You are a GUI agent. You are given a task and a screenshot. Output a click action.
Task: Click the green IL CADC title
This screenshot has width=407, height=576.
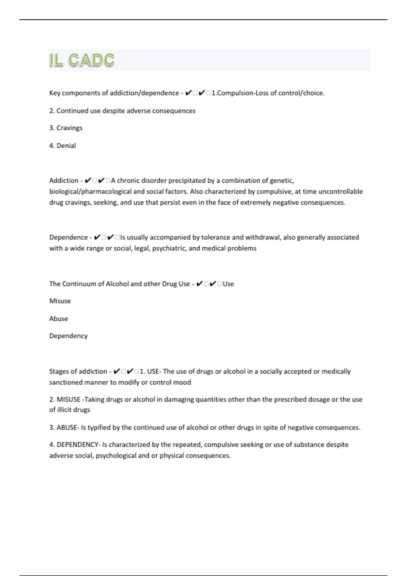pyautogui.click(x=82, y=60)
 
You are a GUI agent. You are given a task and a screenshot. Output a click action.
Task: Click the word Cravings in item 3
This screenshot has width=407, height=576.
pyautogui.click(x=70, y=128)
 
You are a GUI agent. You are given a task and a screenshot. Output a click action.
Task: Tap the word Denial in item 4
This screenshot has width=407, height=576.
pyautogui.click(x=66, y=146)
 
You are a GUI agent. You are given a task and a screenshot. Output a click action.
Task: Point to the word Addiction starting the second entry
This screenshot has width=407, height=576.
pyautogui.click(x=64, y=181)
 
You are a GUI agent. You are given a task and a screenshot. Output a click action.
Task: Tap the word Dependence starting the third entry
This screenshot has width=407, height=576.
pyautogui.click(x=69, y=237)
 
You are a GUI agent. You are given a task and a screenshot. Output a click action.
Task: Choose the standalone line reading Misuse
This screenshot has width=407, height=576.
pyautogui.click(x=60, y=301)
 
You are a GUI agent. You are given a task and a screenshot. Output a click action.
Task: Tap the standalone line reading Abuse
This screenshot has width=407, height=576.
pyautogui.click(x=59, y=319)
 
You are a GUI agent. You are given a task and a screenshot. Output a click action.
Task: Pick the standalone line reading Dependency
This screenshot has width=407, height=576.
pyautogui.click(x=69, y=336)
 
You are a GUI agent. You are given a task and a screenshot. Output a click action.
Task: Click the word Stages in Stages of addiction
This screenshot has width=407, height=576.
pyautogui.click(x=59, y=371)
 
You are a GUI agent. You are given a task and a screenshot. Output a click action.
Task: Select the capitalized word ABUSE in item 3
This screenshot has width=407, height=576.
pyautogui.click(x=67, y=428)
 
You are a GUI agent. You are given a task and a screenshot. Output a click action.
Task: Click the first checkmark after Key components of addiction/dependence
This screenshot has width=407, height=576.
pyautogui.click(x=189, y=93)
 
